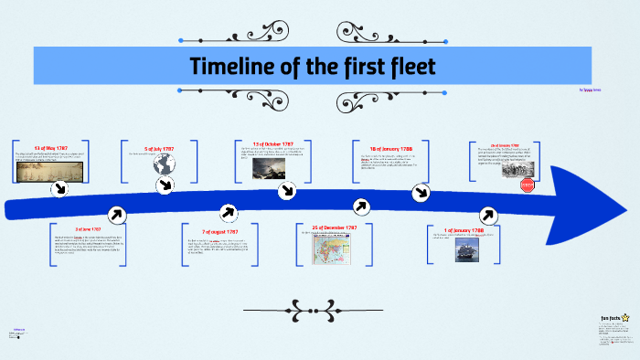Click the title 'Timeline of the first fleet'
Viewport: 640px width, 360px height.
[314, 67]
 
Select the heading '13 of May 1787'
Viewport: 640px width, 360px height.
[52, 148]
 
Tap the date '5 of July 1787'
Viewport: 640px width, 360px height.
[159, 148]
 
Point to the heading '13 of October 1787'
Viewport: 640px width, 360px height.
[273, 144]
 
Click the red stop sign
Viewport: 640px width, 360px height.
[527, 185]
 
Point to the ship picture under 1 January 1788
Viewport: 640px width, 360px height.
[465, 251]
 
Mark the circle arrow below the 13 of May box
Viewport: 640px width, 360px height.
[60, 188]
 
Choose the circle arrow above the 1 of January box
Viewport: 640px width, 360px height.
[487, 215]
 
